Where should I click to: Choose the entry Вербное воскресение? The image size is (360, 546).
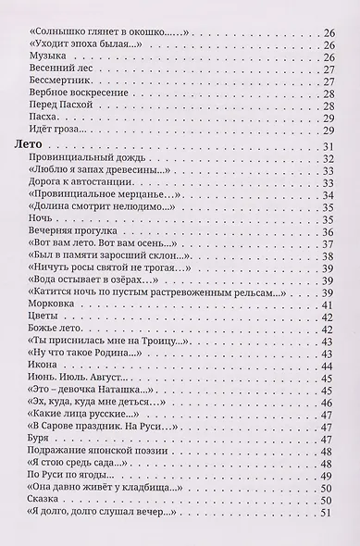tap(84, 105)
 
